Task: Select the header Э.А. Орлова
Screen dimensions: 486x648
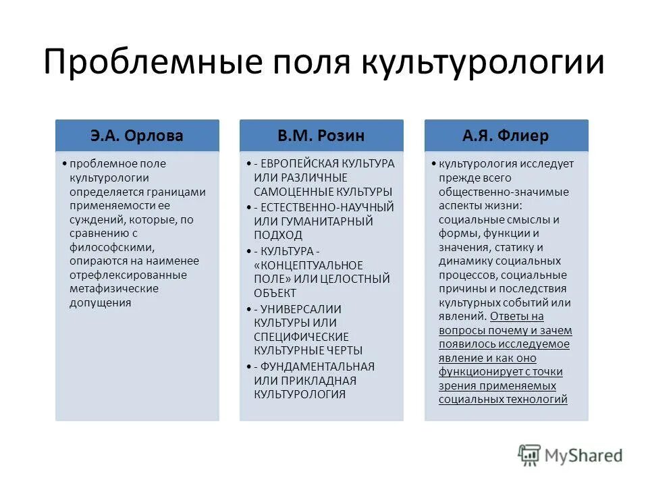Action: (137, 136)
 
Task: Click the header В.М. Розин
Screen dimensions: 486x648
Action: (321, 136)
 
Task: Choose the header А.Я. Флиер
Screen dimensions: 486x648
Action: (506, 136)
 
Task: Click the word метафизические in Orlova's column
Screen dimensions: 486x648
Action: (114, 289)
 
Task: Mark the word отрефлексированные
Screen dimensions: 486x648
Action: (128, 275)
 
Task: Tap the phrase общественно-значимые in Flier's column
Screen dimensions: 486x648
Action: (503, 192)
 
